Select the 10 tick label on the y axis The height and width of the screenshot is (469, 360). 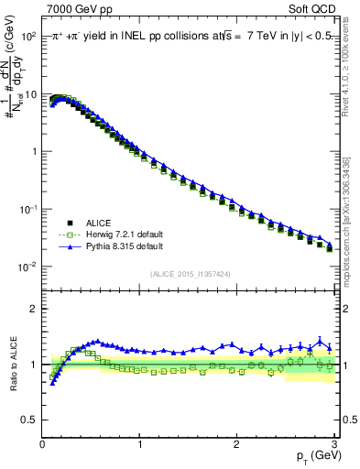[30, 93]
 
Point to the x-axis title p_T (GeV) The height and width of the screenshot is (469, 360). [311, 455]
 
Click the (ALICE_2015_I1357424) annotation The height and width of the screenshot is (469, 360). [188, 273]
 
